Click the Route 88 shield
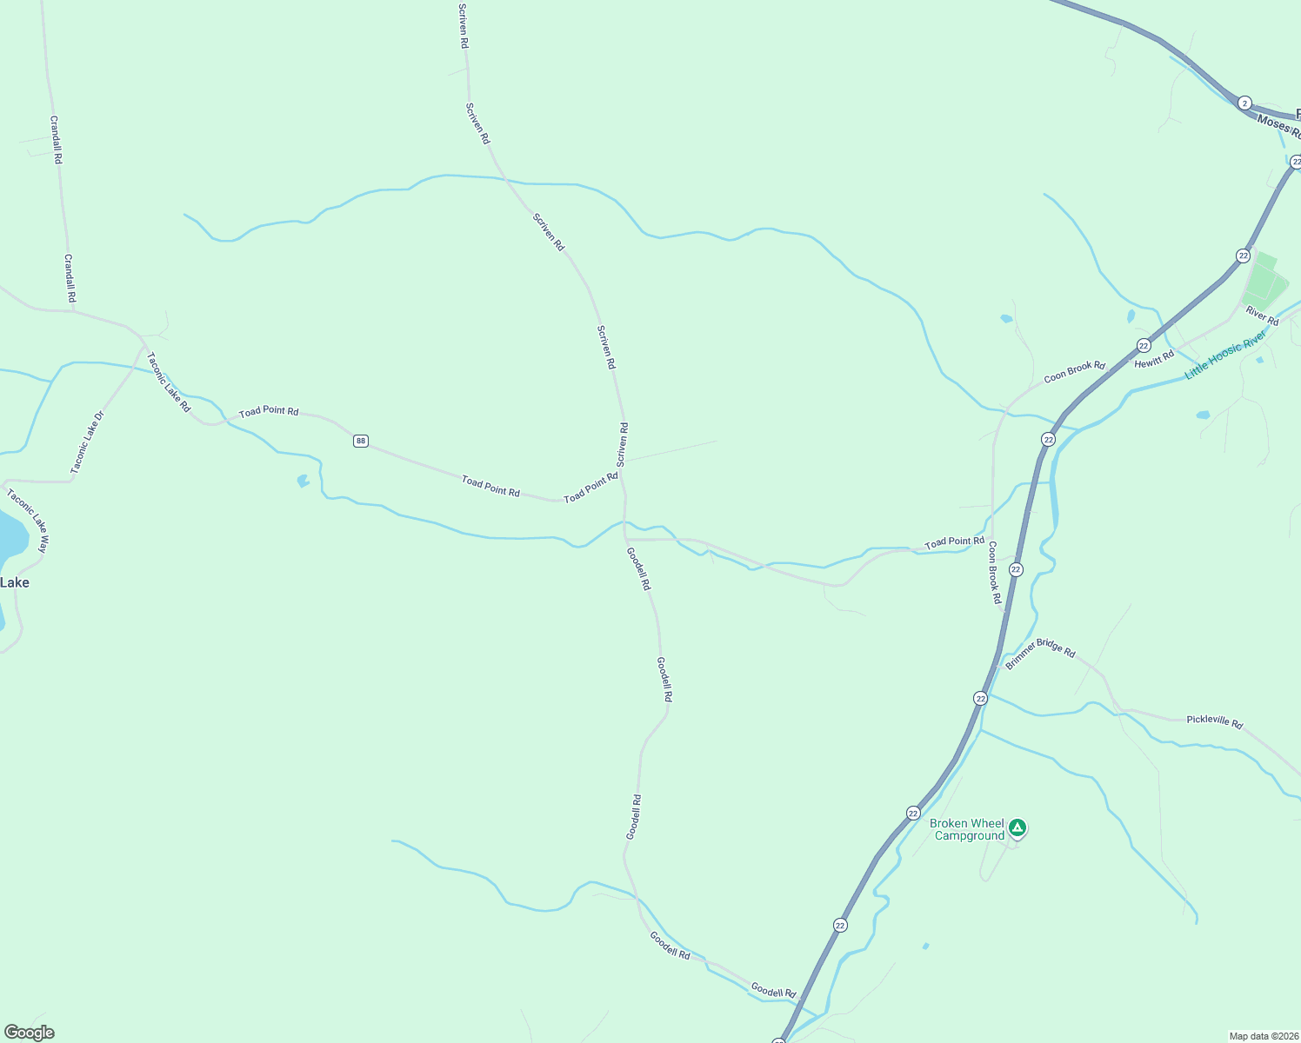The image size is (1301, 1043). pyautogui.click(x=361, y=441)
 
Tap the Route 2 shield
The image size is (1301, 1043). pyautogui.click(x=1244, y=103)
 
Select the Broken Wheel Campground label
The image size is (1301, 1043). pyautogui.click(x=967, y=829)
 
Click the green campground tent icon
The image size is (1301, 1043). pyautogui.click(x=1017, y=827)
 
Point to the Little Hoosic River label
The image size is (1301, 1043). pyautogui.click(x=1225, y=354)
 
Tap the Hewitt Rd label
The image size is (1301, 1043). pyautogui.click(x=1154, y=360)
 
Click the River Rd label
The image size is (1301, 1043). pyautogui.click(x=1262, y=316)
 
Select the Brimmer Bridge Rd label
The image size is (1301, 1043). pyautogui.click(x=1040, y=654)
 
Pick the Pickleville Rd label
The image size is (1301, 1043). pyautogui.click(x=1214, y=721)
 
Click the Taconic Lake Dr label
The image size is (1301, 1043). pyautogui.click(x=87, y=442)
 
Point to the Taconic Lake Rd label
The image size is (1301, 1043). pyautogui.click(x=169, y=382)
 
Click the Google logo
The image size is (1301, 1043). pyautogui.click(x=30, y=1033)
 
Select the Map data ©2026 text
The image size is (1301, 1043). pyautogui.click(x=1263, y=1036)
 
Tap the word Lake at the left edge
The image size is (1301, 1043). pyautogui.click(x=15, y=582)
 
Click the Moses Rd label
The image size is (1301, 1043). pyautogui.click(x=1278, y=127)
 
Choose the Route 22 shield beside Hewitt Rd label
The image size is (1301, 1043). pyautogui.click(x=1144, y=345)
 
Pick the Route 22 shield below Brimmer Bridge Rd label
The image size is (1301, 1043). pyautogui.click(x=980, y=699)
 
